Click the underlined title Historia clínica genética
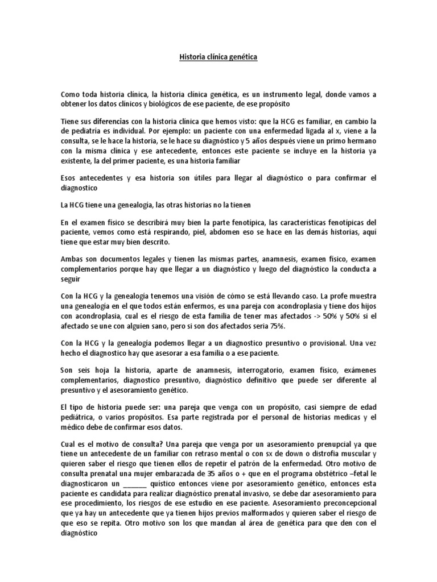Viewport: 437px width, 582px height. coord(218,57)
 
